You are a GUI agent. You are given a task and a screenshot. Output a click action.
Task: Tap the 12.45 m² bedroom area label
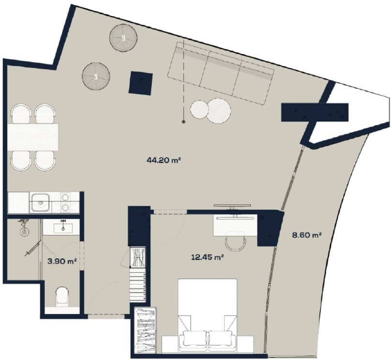point(207,257)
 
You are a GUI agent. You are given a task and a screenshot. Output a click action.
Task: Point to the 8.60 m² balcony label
point(307,236)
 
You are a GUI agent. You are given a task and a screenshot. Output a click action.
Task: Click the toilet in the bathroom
point(63,296)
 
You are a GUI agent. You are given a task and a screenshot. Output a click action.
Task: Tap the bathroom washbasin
point(63,227)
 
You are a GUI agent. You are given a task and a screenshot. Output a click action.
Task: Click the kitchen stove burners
point(65,202)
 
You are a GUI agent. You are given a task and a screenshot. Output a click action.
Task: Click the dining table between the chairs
point(33,137)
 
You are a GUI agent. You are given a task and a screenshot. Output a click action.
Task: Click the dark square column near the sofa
point(141,82)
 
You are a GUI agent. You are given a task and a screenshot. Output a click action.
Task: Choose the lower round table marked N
point(96,76)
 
